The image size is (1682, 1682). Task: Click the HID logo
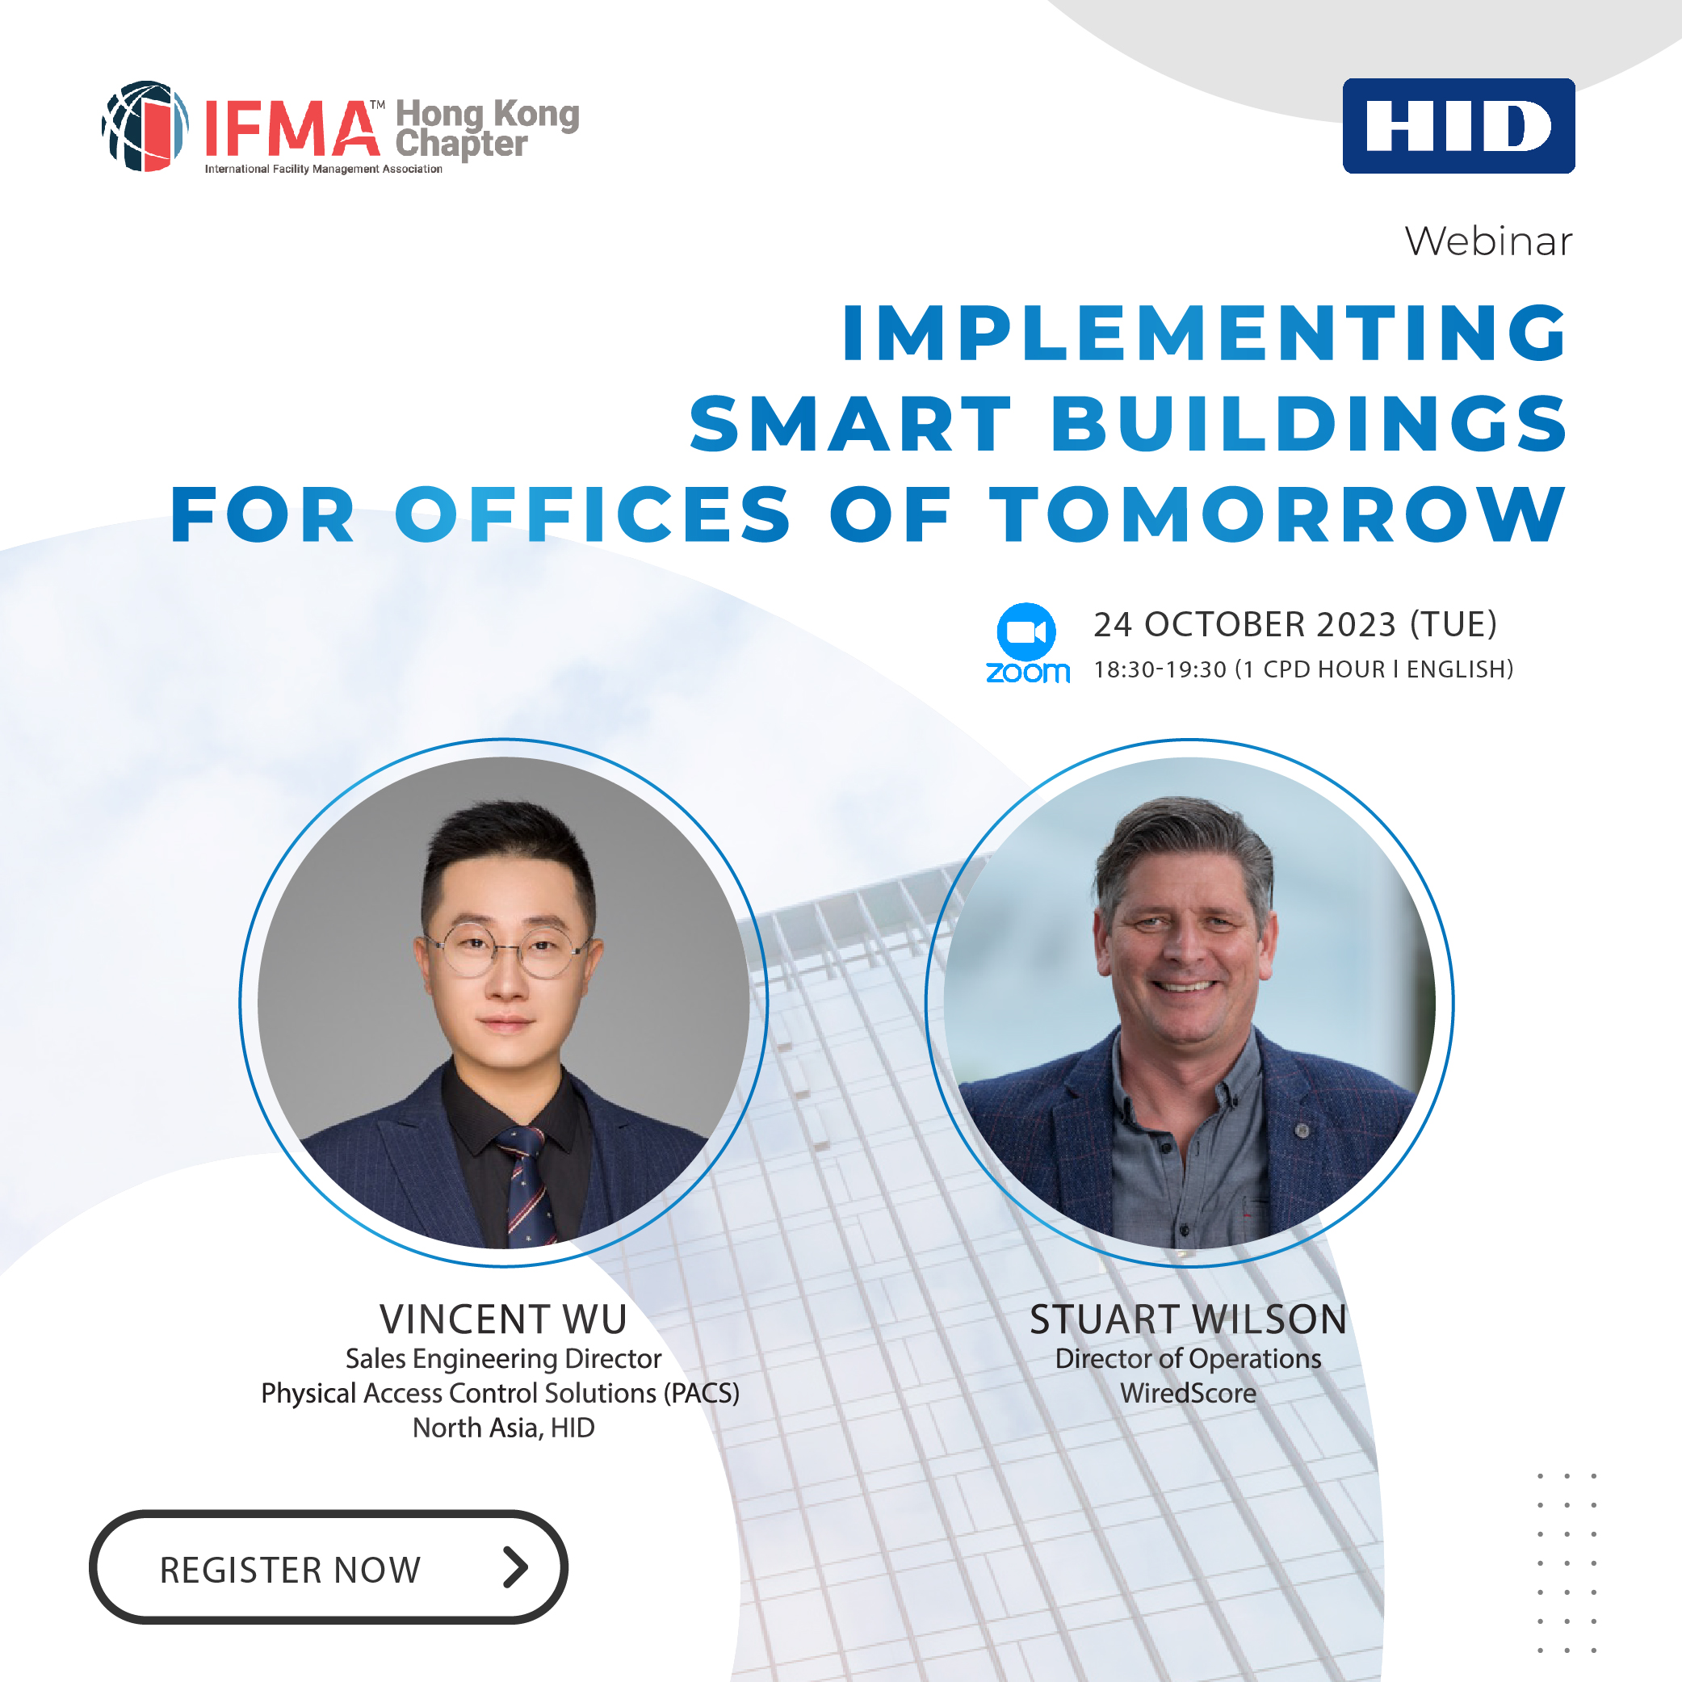(x=1458, y=126)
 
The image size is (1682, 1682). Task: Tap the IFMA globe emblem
(x=145, y=126)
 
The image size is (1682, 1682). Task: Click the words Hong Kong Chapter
(x=487, y=129)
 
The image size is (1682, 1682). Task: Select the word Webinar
(x=1489, y=241)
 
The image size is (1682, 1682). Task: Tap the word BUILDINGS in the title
(x=1311, y=423)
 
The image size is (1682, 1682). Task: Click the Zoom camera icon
(x=1026, y=631)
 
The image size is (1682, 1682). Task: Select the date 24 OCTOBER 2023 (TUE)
(x=1295, y=624)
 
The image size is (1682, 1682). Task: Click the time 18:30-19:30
(x=1160, y=669)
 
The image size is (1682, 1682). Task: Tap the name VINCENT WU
(x=503, y=1319)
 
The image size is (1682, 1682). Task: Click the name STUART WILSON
(x=1189, y=1319)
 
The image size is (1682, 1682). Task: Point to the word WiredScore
(x=1189, y=1394)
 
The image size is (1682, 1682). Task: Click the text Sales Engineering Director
(x=503, y=1359)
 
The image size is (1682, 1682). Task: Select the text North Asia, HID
(x=503, y=1428)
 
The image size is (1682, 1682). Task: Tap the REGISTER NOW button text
(x=290, y=1571)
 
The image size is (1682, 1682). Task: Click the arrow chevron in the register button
(x=515, y=1568)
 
